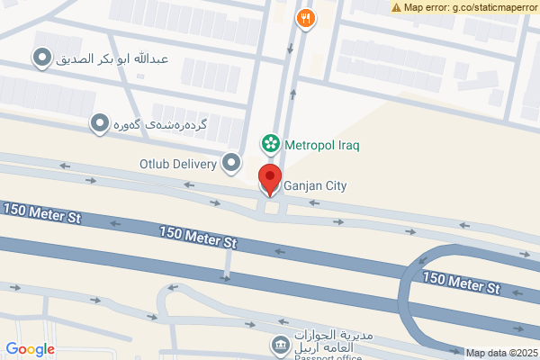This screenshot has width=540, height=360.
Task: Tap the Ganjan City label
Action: click(315, 186)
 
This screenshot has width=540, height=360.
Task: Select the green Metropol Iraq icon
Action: click(269, 143)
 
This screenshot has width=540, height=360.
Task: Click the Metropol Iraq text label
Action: click(322, 143)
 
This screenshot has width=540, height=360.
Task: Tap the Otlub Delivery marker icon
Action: click(232, 163)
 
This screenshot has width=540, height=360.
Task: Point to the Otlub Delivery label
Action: click(178, 164)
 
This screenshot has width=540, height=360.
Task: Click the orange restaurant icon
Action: click(306, 17)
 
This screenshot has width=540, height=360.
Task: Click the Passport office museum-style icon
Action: click(280, 345)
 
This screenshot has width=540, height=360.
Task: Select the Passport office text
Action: click(325, 356)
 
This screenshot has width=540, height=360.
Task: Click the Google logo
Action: click(30, 349)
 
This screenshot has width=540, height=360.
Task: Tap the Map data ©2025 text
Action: click(501, 352)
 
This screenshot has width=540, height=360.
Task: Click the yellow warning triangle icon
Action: click(397, 7)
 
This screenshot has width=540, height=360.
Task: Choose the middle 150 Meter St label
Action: click(198, 237)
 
